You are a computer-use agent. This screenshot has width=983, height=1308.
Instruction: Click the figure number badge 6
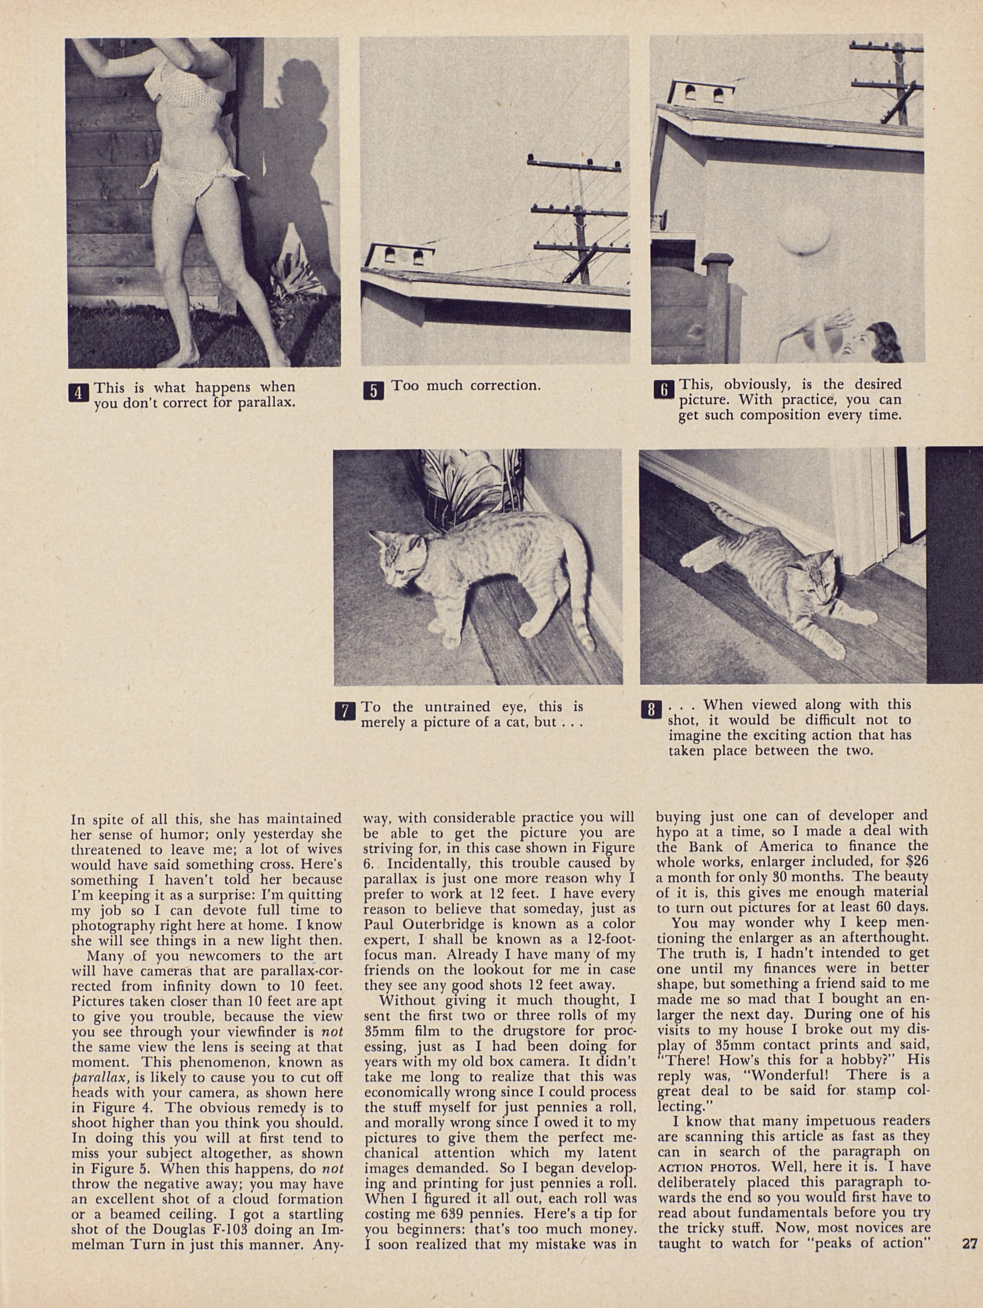[x=663, y=390]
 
